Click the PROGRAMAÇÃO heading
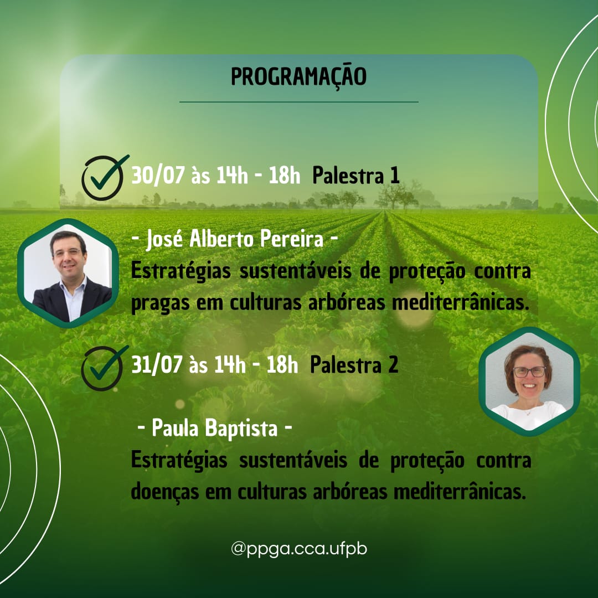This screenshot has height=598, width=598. (298, 77)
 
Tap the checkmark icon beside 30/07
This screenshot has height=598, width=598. (104, 178)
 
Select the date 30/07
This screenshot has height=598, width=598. (158, 176)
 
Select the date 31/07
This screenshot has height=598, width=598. (157, 364)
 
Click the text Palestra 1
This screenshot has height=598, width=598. (356, 176)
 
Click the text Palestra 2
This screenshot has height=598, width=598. (354, 364)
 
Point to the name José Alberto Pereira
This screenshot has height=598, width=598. (235, 240)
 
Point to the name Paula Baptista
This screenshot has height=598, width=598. (214, 428)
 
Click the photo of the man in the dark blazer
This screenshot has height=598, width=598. (68, 273)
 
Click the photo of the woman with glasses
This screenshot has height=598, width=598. (529, 382)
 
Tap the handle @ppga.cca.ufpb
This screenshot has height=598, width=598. (299, 550)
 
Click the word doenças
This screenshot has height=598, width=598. (165, 492)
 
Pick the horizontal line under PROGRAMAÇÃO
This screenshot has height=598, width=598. (299, 102)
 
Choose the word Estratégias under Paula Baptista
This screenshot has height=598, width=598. (179, 460)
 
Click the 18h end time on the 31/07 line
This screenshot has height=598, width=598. (282, 364)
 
